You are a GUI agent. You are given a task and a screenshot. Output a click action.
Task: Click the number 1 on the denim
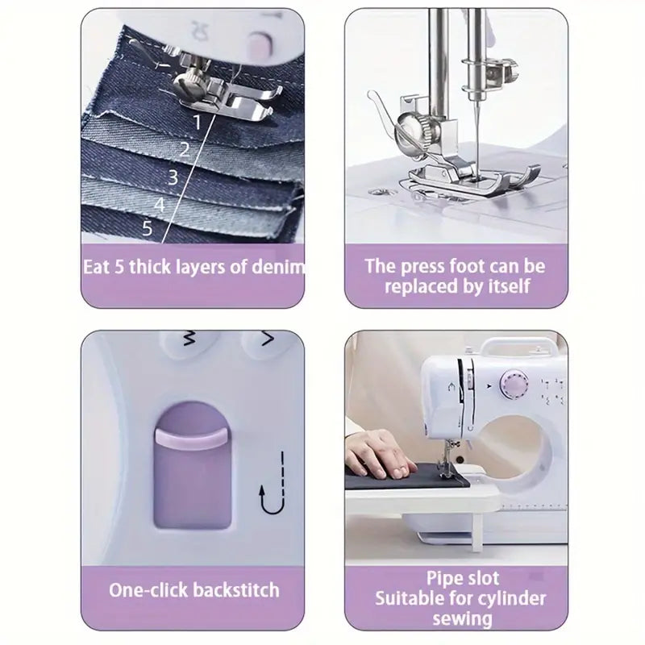point(198,123)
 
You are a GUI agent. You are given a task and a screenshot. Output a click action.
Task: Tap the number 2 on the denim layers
point(185,150)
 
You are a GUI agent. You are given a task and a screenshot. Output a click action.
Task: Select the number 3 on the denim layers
point(173,177)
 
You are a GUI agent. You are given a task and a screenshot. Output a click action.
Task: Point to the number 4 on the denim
point(160,205)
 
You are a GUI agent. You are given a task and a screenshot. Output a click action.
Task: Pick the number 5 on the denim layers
point(148,227)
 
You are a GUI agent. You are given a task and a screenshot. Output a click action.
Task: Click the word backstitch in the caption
point(236,590)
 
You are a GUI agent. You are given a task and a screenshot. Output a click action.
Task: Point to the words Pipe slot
point(462,578)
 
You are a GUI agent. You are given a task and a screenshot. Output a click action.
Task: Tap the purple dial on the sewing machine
point(514,384)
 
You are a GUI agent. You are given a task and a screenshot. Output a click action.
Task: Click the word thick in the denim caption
point(150,267)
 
